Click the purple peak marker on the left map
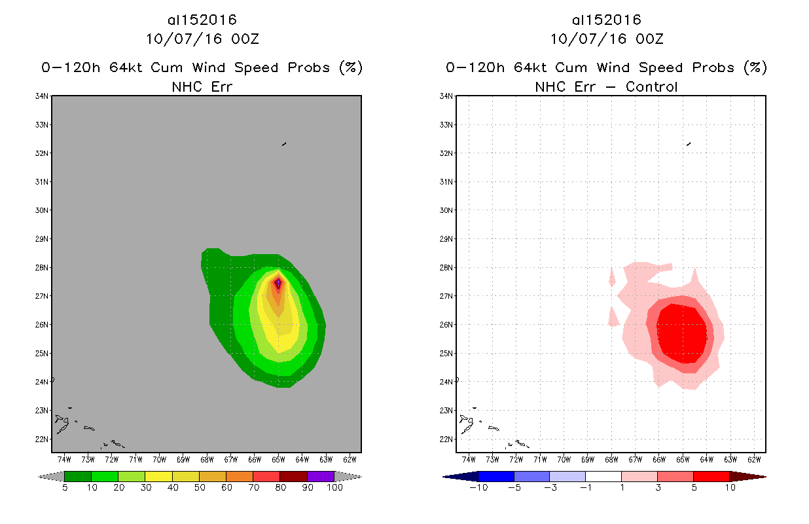tap(278, 283)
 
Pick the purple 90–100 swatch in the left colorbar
tap(321, 476)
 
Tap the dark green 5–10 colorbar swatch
tap(77, 476)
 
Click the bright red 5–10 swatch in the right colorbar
tap(711, 476)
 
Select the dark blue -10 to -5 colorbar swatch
tap(496, 476)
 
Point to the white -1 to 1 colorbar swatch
tap(603, 476)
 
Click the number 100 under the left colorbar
tap(334, 488)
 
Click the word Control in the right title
tap(651, 86)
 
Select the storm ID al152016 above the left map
tap(202, 20)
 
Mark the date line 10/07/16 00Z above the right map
tap(606, 39)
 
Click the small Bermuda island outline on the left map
tap(284, 143)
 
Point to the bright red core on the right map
tap(682, 333)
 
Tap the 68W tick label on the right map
tap(611, 459)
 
